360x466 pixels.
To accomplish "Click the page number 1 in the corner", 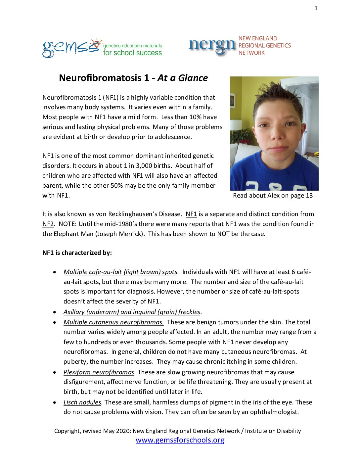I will [x=316, y=9].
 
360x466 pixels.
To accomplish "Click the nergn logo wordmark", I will [x=212, y=46].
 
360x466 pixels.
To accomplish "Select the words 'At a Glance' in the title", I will [x=183, y=78].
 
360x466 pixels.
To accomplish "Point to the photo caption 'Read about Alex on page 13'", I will [x=273, y=196].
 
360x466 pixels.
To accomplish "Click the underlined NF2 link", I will [x=48, y=224].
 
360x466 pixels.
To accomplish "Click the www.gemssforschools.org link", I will [x=180, y=440].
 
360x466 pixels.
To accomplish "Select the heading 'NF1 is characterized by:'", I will [x=77, y=253].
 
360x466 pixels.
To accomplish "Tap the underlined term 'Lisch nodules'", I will [x=82, y=402].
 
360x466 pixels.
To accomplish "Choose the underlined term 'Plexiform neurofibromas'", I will [x=99, y=372].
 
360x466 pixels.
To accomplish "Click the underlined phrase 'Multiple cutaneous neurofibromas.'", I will [x=113, y=322].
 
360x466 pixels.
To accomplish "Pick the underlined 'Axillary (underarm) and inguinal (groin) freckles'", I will [x=132, y=312].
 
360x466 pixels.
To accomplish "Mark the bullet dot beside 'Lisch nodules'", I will [x=55, y=402].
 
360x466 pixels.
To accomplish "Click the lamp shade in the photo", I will [x=236, y=125].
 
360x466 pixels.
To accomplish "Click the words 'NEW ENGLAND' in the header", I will [x=258, y=38].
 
